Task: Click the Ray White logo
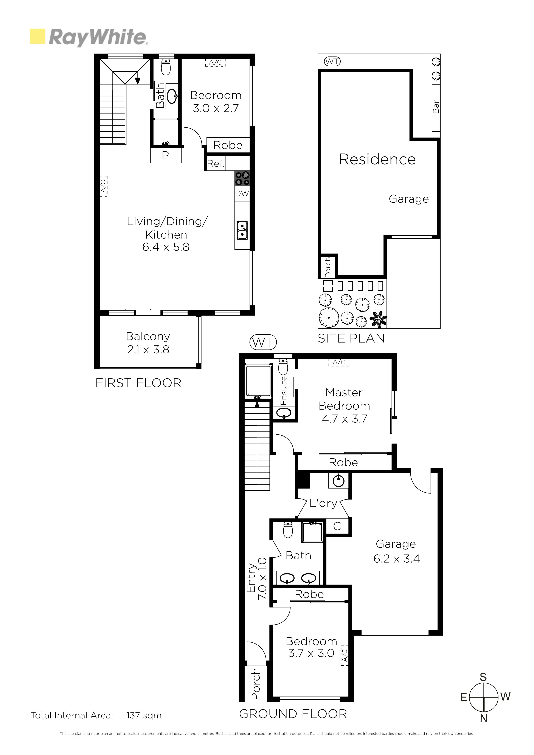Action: click(x=89, y=37)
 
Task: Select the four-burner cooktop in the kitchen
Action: click(x=242, y=179)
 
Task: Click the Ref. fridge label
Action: click(x=216, y=163)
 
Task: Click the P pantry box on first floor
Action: click(x=166, y=155)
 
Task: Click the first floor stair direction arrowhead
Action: click(x=138, y=81)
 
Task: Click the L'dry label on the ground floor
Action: click(x=323, y=503)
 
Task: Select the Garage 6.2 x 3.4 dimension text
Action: click(x=396, y=559)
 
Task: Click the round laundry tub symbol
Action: click(x=338, y=481)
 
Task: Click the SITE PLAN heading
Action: click(x=351, y=338)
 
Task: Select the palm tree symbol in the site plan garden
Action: click(x=378, y=320)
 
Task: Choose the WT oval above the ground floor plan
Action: click(x=263, y=342)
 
